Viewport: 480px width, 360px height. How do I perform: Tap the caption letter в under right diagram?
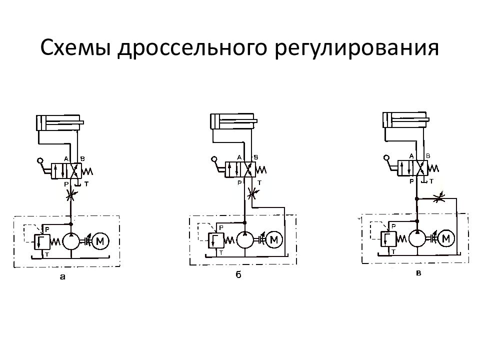(418, 273)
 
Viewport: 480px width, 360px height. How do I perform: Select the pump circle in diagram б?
(245, 240)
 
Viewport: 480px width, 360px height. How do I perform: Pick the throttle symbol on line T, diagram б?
(254, 191)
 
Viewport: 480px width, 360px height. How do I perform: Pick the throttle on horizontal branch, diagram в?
(438, 198)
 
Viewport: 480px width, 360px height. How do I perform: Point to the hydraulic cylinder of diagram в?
(403, 120)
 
